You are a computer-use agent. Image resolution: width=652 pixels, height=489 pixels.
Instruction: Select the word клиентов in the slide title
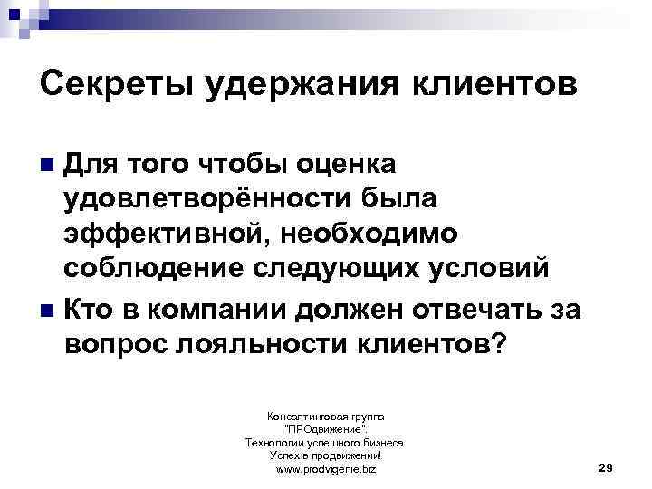(x=507, y=86)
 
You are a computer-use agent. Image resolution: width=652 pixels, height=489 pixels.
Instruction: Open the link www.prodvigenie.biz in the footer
(x=326, y=470)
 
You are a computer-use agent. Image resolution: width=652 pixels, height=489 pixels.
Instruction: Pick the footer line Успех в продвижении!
(x=326, y=456)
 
